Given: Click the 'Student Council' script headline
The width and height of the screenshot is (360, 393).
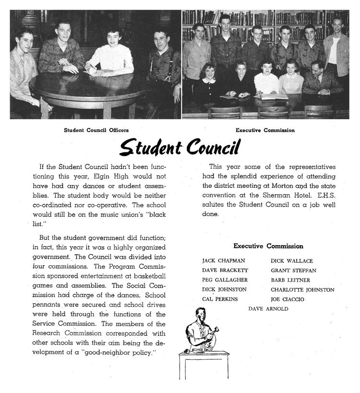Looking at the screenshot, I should (x=179, y=147).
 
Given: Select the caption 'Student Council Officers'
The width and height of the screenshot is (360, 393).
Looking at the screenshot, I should (x=96, y=130).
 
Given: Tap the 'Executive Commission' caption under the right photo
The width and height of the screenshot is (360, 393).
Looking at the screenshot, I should (x=265, y=130).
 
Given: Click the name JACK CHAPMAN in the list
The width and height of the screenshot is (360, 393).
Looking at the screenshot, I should (x=224, y=261).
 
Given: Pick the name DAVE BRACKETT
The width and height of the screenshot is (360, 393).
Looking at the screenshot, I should (x=225, y=270).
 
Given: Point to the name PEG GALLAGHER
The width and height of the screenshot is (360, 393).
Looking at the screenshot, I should (x=225, y=280).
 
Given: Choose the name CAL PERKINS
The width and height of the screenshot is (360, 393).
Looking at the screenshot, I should (x=220, y=299).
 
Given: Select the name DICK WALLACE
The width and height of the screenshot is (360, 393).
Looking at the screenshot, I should (x=291, y=261).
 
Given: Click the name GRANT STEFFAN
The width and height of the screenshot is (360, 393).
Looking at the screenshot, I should (x=293, y=270).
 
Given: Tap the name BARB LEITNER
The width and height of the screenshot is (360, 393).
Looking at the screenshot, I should (x=290, y=280).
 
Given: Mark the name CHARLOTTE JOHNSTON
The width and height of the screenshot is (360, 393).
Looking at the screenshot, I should (x=302, y=290).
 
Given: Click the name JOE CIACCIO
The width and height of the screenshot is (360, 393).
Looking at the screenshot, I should (x=288, y=299).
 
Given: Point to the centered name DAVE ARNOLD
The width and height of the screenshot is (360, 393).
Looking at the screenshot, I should (x=268, y=309).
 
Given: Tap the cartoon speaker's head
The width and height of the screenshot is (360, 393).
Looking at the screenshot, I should (x=199, y=315).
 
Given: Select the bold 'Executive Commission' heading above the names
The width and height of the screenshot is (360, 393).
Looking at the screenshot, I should (x=268, y=246).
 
